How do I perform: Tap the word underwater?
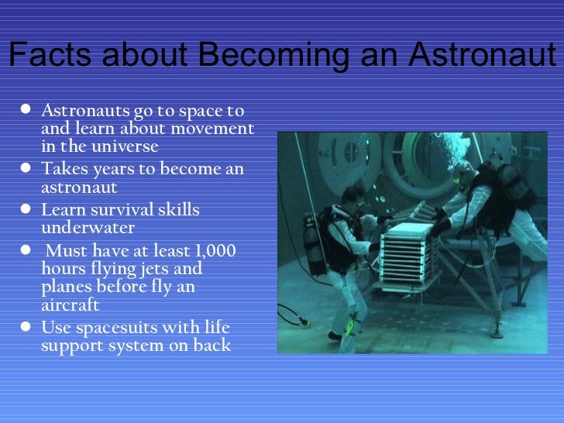click(x=88, y=228)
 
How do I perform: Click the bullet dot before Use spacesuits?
click(x=26, y=328)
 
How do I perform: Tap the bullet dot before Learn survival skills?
click(x=26, y=211)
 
